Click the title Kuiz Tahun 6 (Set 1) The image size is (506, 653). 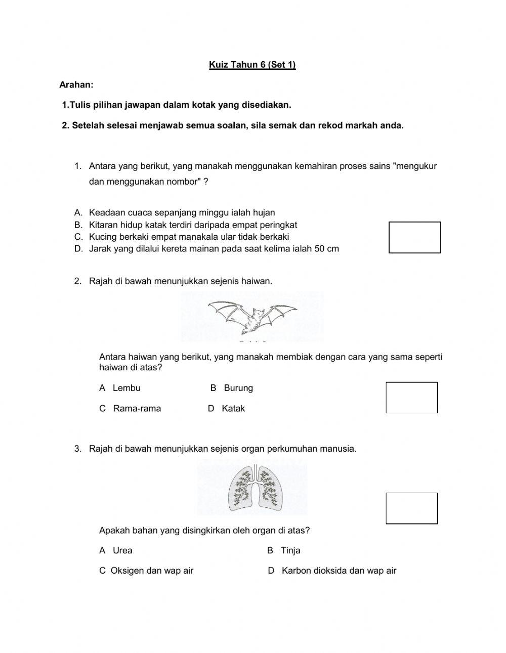252,65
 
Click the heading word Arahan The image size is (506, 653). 76,85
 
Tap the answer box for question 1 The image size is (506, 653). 414,237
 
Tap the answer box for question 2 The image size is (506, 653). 411,398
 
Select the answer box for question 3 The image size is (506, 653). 411,508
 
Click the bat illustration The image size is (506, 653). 252,317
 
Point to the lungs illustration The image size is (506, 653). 252,487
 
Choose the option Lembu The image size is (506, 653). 126,388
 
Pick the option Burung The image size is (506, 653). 238,388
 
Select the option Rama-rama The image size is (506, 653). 137,409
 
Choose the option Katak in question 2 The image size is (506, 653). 233,409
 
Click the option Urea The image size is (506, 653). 122,550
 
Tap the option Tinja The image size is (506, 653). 290,550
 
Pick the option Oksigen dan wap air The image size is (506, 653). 152,571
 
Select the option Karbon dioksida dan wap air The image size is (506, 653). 339,571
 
